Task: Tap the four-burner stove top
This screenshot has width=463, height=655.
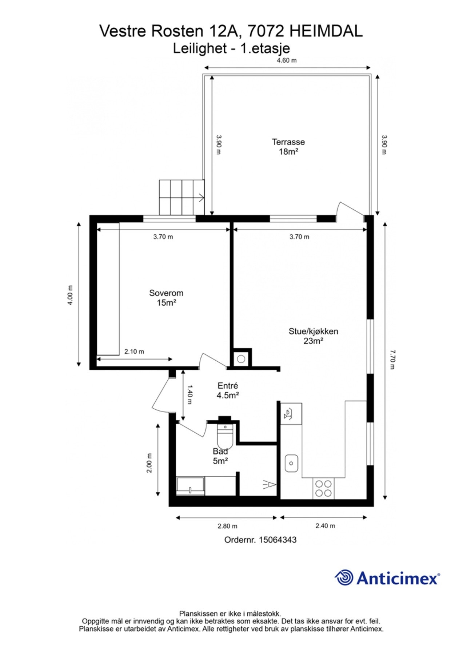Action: tap(323, 488)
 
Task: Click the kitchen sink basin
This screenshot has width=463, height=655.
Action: tap(291, 463)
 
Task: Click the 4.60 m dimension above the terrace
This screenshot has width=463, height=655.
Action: tap(287, 60)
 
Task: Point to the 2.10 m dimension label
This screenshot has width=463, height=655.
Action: tap(134, 352)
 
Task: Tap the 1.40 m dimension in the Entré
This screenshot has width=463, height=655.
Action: tap(189, 395)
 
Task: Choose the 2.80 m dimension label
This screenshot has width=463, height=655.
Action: tap(227, 526)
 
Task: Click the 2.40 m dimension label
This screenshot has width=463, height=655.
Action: tap(325, 525)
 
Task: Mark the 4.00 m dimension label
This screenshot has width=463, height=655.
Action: tap(70, 295)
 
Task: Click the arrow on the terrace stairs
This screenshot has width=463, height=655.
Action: tap(200, 198)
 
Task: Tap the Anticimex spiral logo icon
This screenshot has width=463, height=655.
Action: tap(344, 577)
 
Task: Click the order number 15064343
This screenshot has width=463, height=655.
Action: tap(278, 540)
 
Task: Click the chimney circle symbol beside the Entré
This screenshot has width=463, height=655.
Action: tap(241, 359)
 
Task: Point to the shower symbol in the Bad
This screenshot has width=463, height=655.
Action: tap(270, 484)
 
